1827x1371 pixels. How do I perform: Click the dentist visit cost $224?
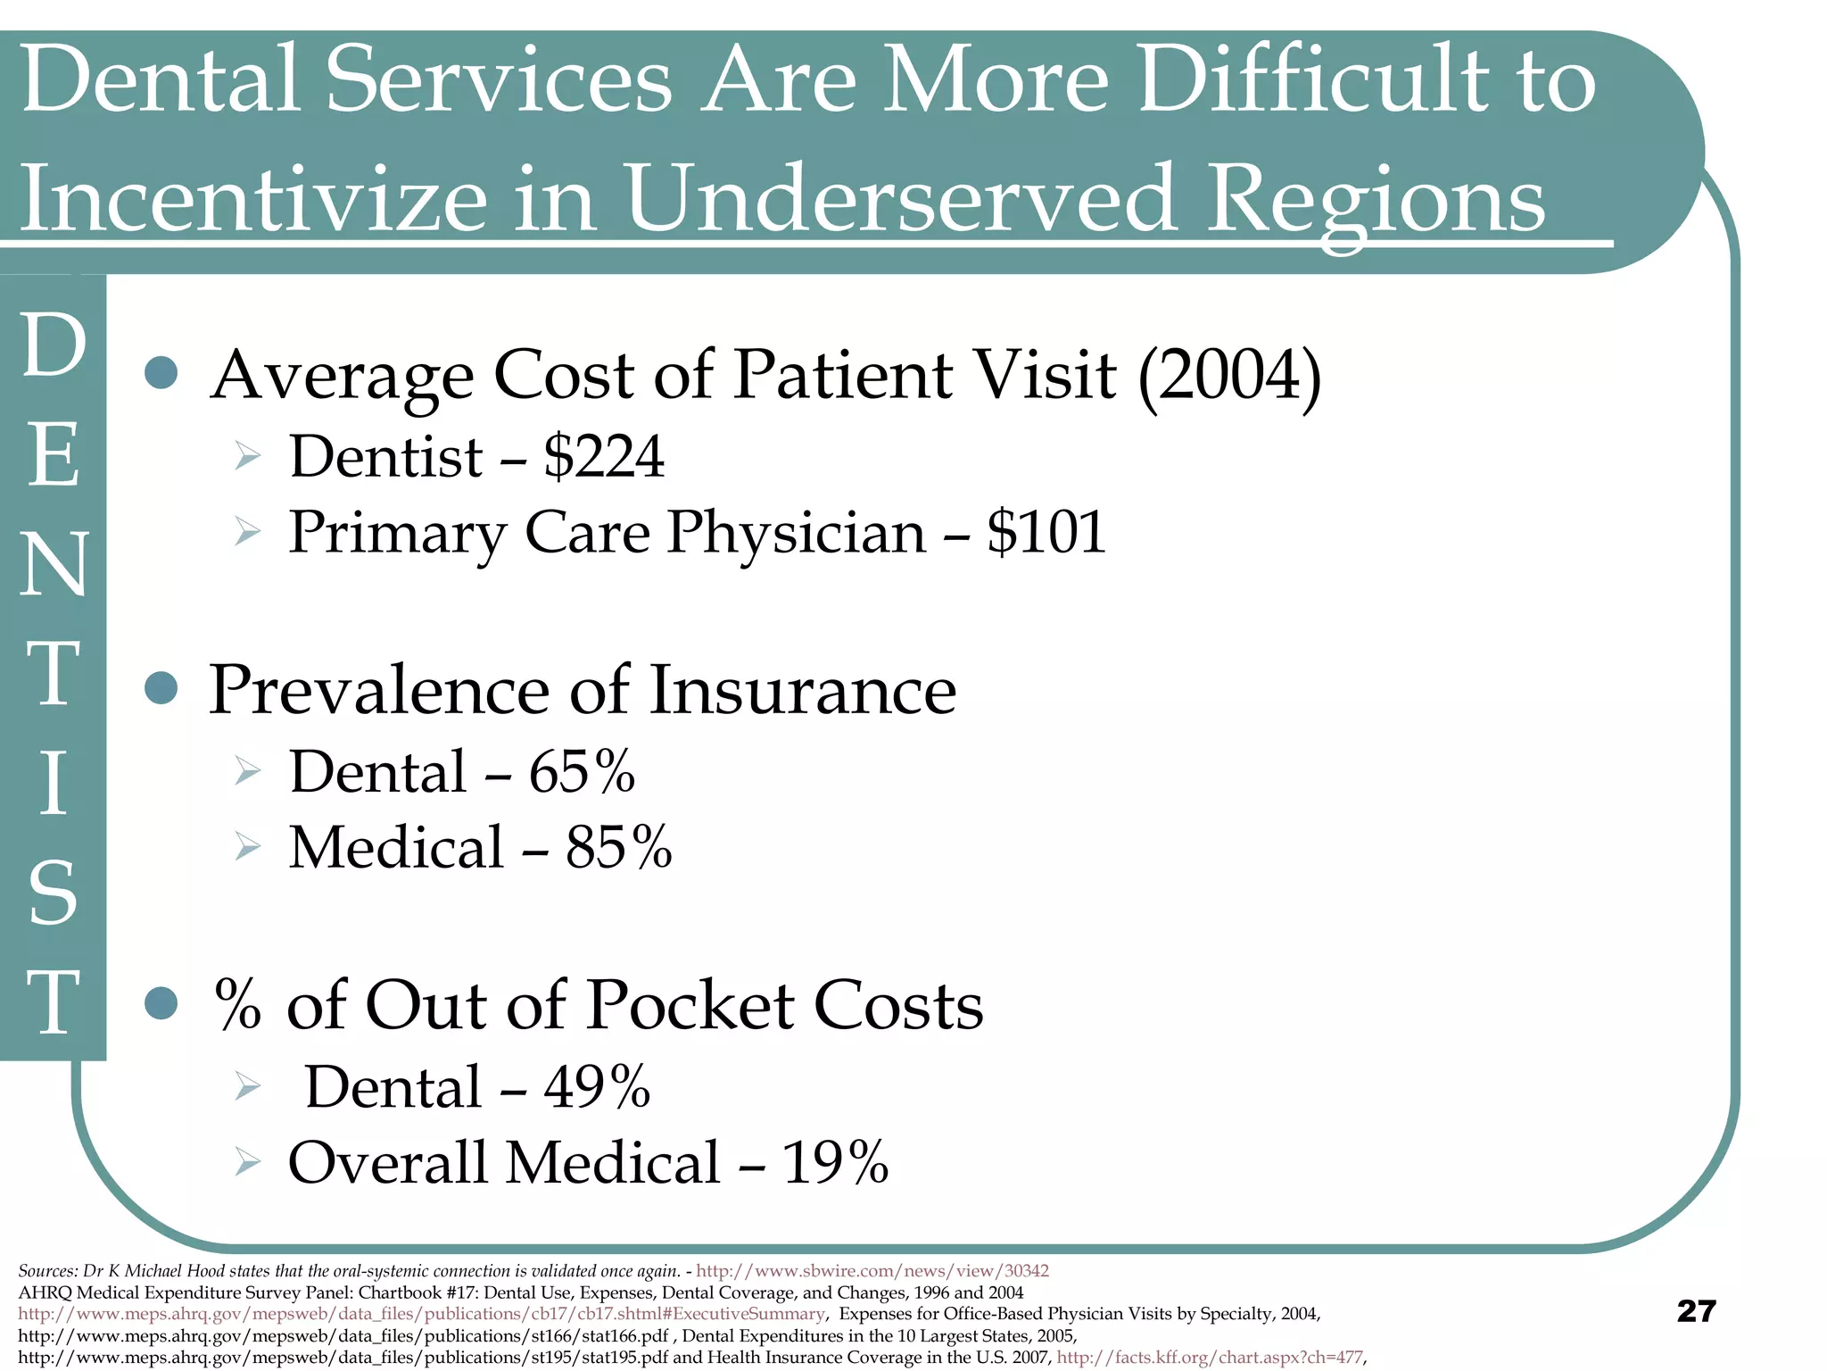[x=604, y=457]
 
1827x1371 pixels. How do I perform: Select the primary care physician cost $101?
[x=1046, y=533]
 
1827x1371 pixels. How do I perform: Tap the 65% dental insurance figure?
[x=582, y=771]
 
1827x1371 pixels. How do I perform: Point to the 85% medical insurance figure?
[x=618, y=847]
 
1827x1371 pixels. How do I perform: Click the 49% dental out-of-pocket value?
[x=597, y=1087]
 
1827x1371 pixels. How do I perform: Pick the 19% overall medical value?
[x=835, y=1163]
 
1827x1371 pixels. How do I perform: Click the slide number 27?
[x=1696, y=1311]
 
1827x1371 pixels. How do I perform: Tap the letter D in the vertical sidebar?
[x=54, y=346]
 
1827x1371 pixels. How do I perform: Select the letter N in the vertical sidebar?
[x=54, y=564]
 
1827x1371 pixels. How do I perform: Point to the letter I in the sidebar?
[x=54, y=784]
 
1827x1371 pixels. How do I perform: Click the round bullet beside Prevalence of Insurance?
[x=161, y=688]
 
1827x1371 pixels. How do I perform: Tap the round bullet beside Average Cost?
[x=161, y=373]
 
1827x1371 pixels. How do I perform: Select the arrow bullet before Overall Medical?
[x=247, y=1162]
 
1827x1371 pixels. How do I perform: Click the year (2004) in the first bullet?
[x=1229, y=375]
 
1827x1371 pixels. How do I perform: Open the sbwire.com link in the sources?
[x=872, y=1270]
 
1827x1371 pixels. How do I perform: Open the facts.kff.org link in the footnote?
[x=1210, y=1358]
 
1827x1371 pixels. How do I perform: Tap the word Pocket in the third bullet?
[x=690, y=1005]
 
